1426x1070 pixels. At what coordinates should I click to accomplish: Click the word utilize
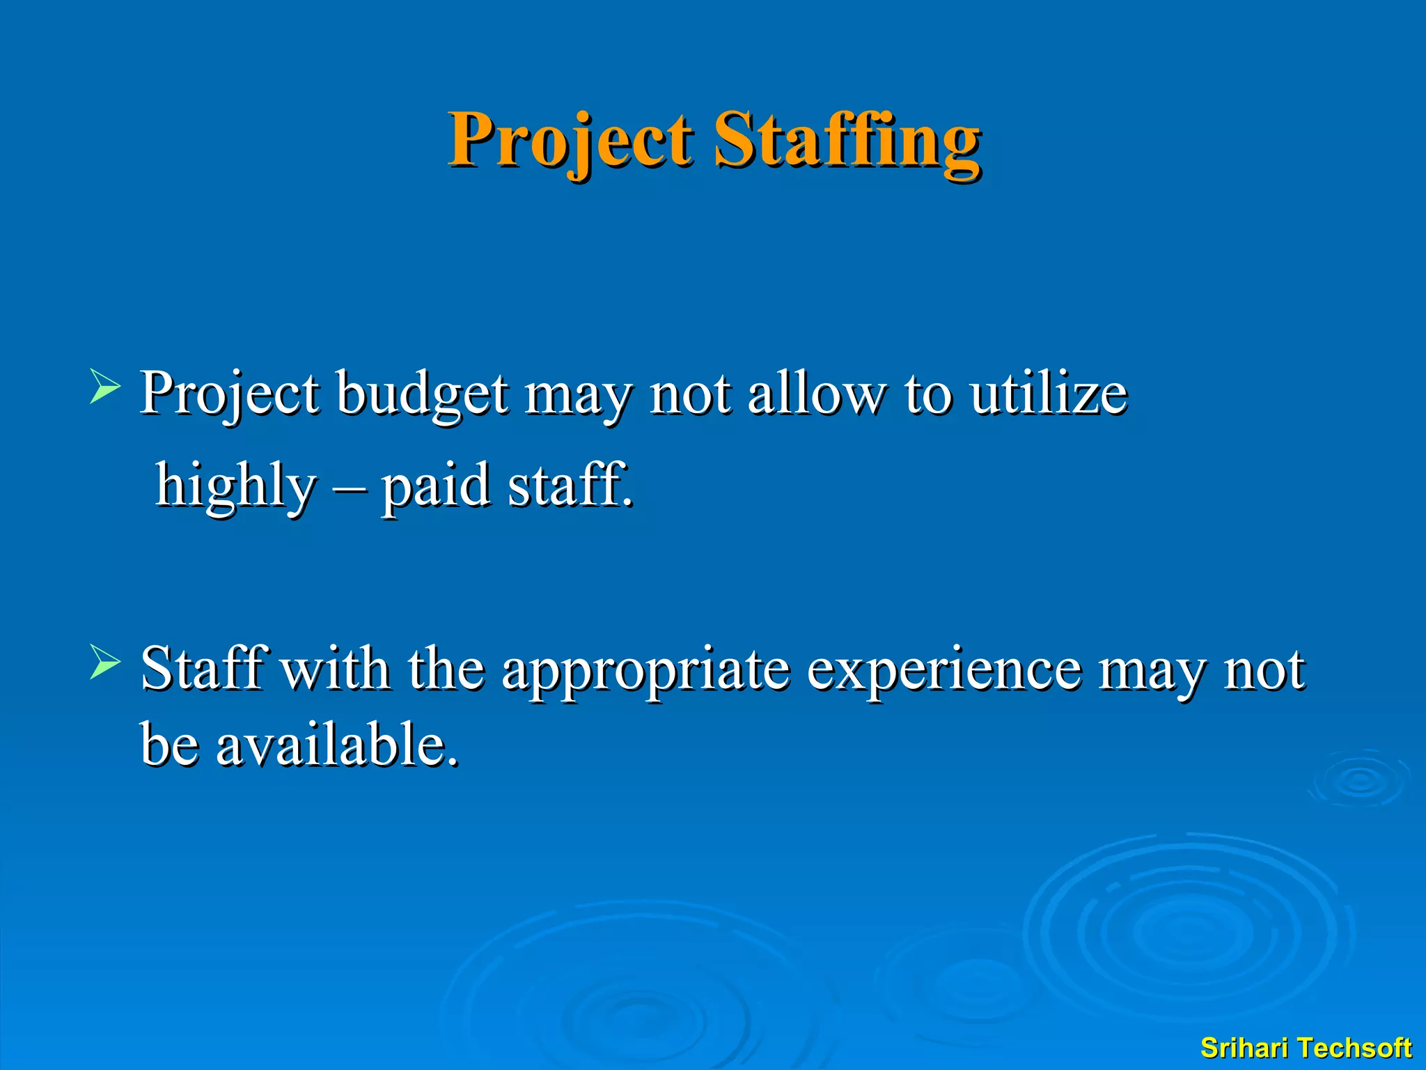(1049, 394)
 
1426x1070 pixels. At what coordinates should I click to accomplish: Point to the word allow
(815, 394)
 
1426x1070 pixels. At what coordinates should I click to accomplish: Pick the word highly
(235, 486)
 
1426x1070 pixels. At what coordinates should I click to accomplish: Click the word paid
(435, 486)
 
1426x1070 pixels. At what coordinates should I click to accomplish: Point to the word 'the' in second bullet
(446, 669)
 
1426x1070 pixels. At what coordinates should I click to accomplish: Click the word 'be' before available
(169, 745)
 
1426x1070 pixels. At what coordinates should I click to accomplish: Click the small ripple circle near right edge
(1360, 780)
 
